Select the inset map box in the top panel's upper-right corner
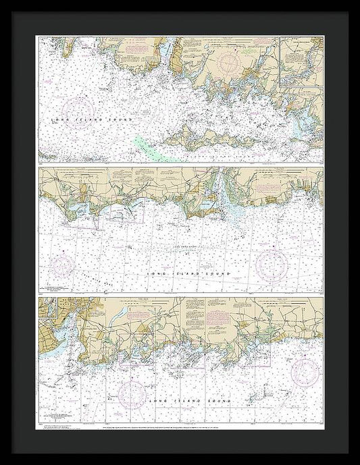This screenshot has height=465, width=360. [301, 61]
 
